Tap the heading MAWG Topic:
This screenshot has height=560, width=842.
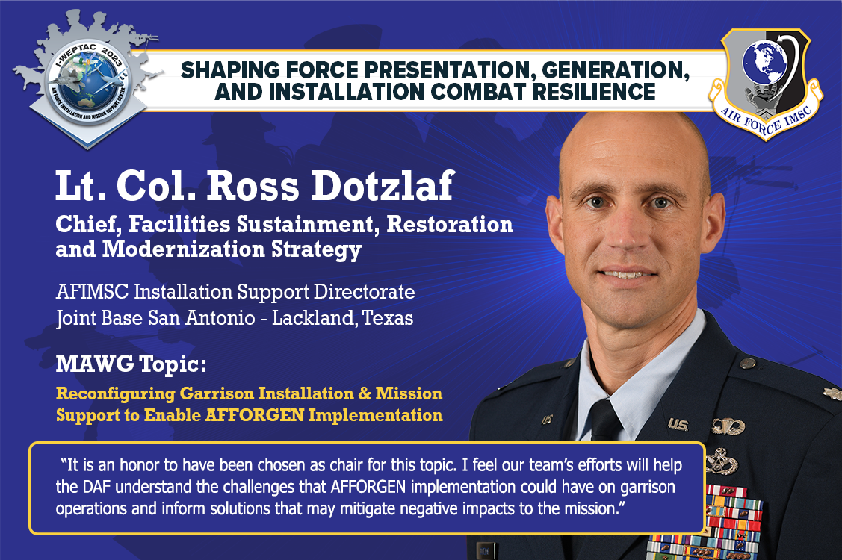click(x=130, y=365)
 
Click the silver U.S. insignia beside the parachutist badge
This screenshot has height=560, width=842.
click(x=678, y=424)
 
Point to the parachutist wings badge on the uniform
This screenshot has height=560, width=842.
click(x=728, y=426)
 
